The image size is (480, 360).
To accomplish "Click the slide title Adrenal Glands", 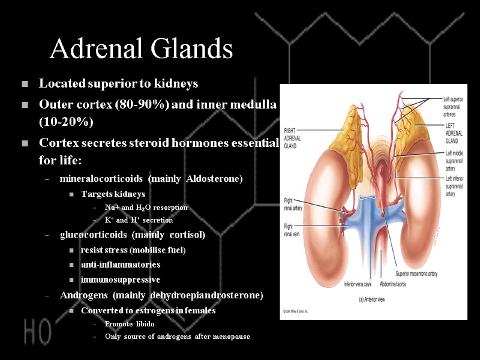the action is pos(141,49).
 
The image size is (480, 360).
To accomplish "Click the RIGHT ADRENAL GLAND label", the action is pos(295,137).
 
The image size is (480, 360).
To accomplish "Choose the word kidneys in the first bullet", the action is pos(178,83).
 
